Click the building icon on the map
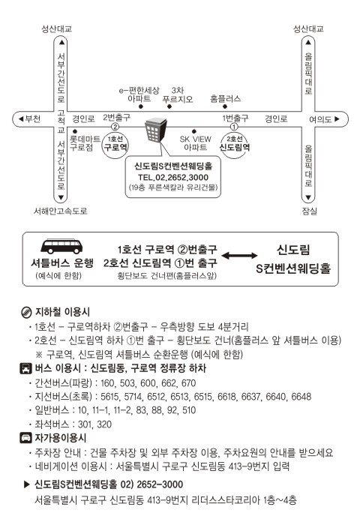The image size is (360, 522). coord(155,130)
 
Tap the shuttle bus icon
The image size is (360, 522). coord(61,247)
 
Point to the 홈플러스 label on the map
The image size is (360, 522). coord(225,98)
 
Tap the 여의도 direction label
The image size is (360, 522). coord(324,118)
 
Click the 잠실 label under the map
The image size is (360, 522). coord(310,211)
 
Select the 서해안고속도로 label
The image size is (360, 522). coord(60,211)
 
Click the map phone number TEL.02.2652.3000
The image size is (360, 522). coord(173,178)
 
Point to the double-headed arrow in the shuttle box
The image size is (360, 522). coord(239,256)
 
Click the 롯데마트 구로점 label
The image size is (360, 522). coord(85,143)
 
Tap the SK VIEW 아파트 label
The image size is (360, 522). coord(195,143)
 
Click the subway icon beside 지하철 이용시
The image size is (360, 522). coord(26,312)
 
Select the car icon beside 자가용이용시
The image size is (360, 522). coord(26,438)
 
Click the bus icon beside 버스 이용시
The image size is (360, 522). coord(26,368)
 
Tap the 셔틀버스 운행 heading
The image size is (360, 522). coord(62,263)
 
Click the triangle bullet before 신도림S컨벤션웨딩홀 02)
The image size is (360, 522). coord(27,484)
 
